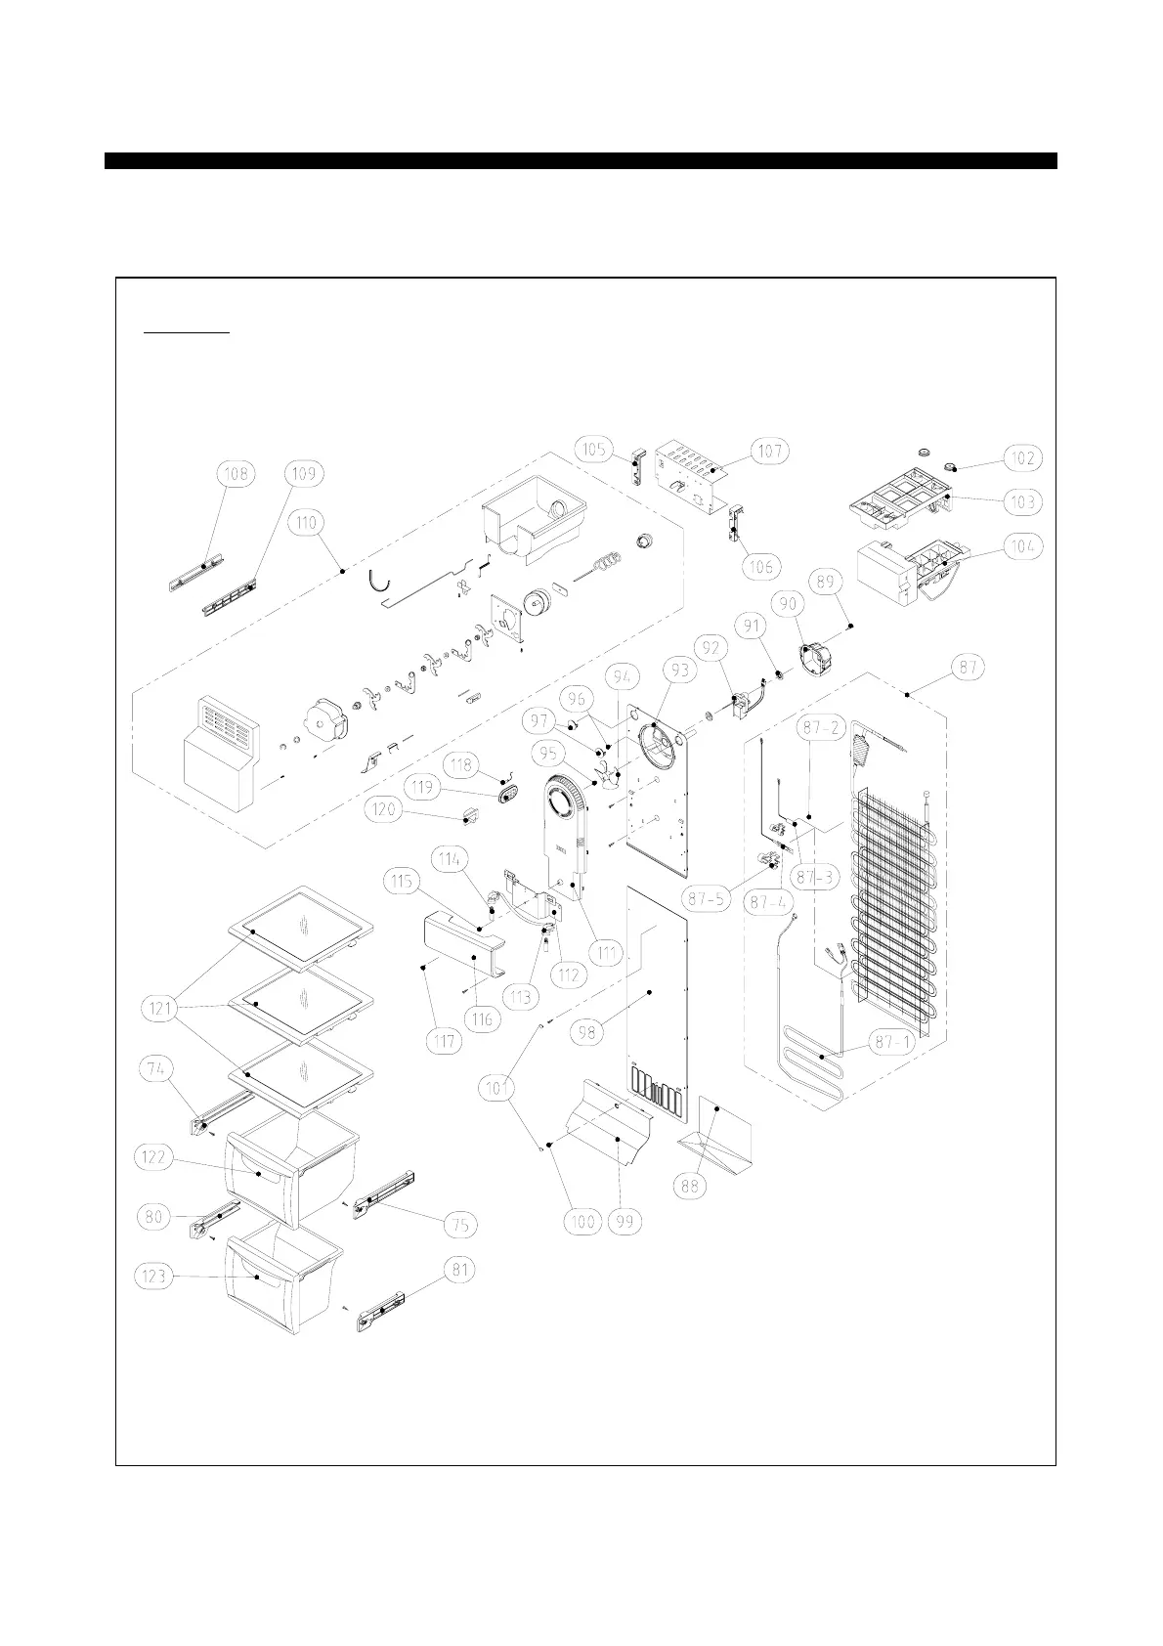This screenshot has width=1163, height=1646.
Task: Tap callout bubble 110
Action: point(307,524)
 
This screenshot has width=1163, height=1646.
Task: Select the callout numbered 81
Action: point(459,1271)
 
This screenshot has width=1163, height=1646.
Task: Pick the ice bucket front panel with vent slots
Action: point(223,753)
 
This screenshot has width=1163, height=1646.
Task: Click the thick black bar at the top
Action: point(581,160)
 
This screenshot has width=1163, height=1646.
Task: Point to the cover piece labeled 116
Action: point(459,948)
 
